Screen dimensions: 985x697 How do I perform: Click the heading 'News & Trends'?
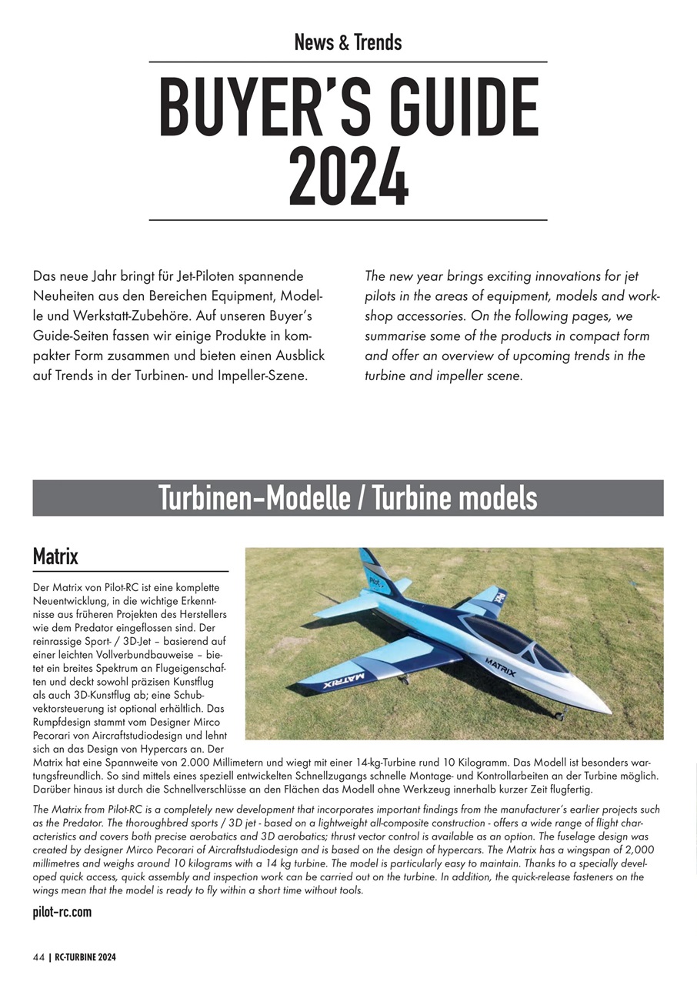coord(348,42)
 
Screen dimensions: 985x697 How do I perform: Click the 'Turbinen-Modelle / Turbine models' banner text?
coord(348,498)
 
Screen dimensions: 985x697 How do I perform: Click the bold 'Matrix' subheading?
coord(55,556)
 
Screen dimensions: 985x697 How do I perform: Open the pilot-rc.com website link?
coord(62,912)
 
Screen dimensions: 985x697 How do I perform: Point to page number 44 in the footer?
coord(38,957)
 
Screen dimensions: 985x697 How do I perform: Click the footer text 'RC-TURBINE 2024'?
coord(85,957)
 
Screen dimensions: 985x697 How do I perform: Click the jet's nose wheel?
coord(559,716)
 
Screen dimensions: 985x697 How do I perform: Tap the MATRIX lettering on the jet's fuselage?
coord(500,666)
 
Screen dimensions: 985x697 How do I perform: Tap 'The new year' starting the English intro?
coord(402,275)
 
